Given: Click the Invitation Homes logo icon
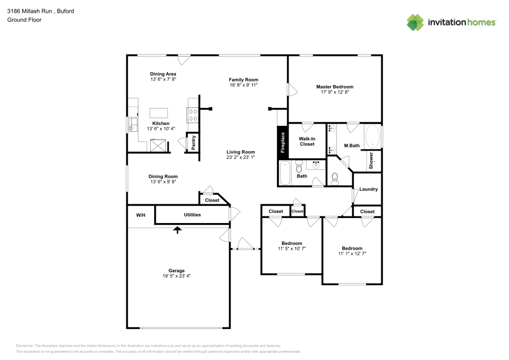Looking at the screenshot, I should [415, 22].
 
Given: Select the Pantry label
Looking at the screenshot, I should [193, 142].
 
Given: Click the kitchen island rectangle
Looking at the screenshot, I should [159, 113].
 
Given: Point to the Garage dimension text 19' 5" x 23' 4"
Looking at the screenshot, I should [177, 275].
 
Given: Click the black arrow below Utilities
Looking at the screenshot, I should [177, 230].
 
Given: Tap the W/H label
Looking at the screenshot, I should [140, 215].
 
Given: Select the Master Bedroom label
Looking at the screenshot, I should [334, 87].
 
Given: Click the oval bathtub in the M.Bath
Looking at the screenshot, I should [372, 135].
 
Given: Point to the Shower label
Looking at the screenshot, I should [371, 160].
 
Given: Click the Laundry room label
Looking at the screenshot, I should [368, 189].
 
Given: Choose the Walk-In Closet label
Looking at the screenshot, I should [306, 141].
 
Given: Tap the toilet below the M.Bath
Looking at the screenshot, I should [334, 178].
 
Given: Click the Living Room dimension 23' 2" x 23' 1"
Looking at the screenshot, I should [241, 157].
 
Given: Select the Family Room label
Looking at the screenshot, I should [243, 79].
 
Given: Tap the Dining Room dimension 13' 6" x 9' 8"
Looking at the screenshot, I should [163, 182].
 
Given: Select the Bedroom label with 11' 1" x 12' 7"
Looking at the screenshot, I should [352, 248].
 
